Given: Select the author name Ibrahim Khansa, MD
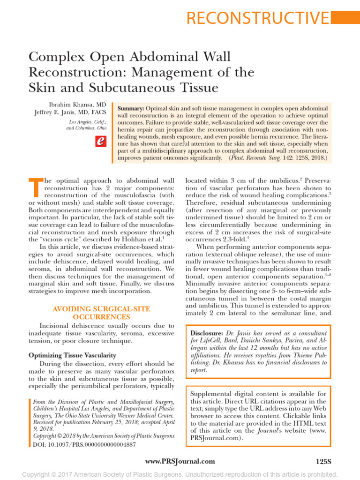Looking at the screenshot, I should tap(81, 104).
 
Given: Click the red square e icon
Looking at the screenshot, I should tap(100, 141).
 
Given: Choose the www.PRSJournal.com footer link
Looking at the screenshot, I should tap(180, 461).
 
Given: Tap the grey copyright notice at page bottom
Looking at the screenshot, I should tap(180, 474).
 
